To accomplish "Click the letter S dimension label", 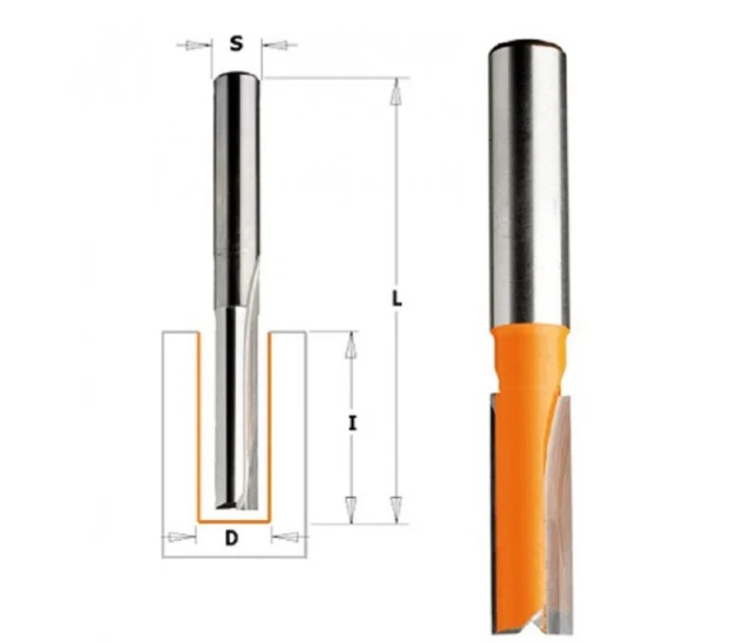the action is (x=237, y=43).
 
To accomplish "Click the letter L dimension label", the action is (x=397, y=298).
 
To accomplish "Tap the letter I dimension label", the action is (x=352, y=424).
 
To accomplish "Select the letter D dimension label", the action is (x=232, y=538).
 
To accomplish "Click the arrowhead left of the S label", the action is (x=197, y=45).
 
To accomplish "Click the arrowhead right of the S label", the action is (x=276, y=45).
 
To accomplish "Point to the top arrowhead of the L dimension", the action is (x=396, y=92).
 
